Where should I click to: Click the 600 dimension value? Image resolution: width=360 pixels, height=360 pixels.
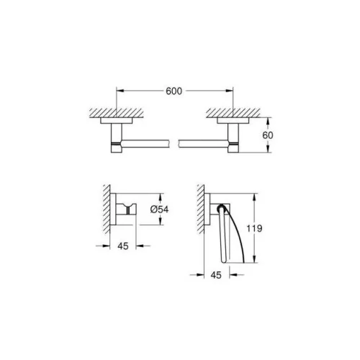[174, 91]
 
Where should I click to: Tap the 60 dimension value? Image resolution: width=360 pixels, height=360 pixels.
[268, 135]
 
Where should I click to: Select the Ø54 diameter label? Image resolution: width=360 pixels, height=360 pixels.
[159, 210]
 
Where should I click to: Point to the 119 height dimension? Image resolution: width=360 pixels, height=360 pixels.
[254, 228]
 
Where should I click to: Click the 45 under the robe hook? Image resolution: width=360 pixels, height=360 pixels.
[123, 246]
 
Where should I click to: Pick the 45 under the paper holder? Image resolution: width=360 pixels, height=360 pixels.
[216, 275]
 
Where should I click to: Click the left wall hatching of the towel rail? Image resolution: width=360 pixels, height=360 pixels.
[117, 113]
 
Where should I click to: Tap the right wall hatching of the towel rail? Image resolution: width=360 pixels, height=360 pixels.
[233, 113]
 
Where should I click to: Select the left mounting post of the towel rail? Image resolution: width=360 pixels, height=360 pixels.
[117, 138]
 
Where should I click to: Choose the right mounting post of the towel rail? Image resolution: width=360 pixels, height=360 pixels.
[233, 138]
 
